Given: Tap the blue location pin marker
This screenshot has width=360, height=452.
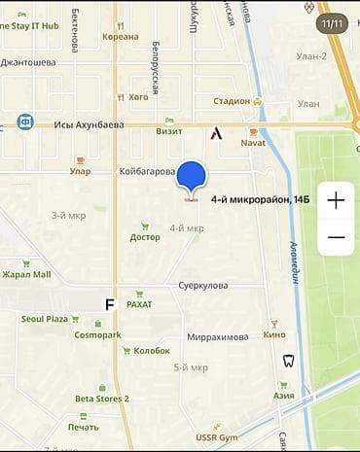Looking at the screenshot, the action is (192, 177).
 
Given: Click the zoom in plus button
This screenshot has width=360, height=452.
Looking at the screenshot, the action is (336, 201).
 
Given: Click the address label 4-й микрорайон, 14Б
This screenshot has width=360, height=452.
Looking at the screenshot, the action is (260, 199).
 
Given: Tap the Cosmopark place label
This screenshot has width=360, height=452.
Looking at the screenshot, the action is (97, 334).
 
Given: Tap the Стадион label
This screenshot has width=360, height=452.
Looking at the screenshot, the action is (232, 100).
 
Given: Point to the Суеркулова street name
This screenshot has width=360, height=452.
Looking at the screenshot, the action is (202, 286).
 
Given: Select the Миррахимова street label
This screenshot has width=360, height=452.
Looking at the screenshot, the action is (217, 336).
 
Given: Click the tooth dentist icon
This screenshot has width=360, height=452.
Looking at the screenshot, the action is (287, 361).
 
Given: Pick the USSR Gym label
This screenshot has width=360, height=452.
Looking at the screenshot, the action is (215, 437).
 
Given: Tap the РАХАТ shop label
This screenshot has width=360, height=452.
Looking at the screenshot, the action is (139, 304).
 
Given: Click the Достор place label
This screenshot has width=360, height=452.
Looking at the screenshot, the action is (145, 237).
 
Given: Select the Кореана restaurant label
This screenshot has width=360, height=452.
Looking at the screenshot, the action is (121, 37).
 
